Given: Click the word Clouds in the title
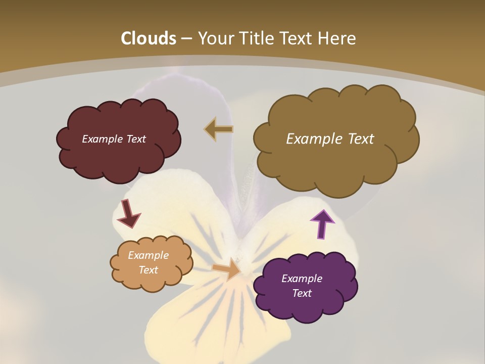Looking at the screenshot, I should point(149,38).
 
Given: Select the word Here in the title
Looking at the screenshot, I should point(337,38).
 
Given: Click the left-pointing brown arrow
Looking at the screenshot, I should point(219,129).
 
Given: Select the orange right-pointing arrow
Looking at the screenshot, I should point(227,268).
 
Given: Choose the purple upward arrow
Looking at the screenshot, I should point(322,224).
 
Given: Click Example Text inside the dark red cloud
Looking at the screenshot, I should point(114,139).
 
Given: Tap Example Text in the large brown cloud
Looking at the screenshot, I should point(330,139).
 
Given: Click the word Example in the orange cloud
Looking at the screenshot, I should point(148,255).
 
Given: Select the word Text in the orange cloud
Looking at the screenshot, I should point(148,270).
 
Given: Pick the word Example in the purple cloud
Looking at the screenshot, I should point(302,279).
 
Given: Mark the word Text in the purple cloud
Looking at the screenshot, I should point(302,293).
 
